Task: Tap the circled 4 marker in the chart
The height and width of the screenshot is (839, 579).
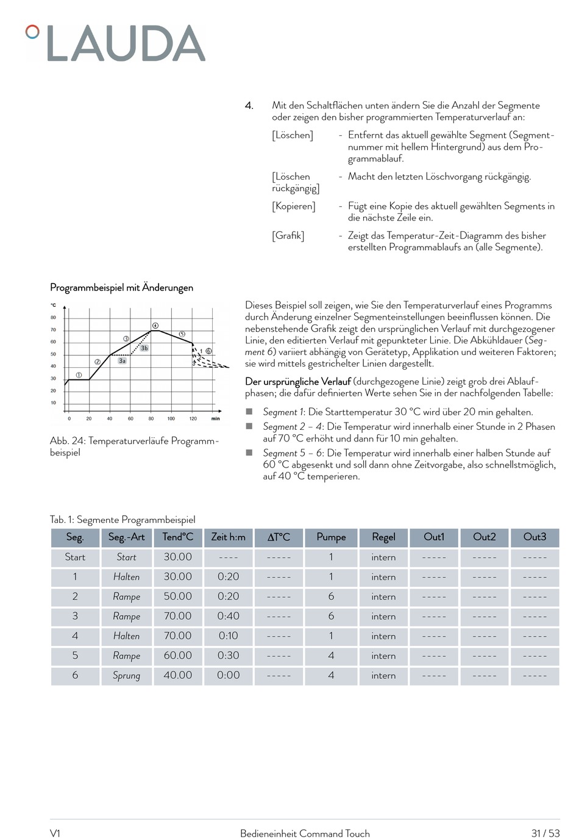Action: [x=155, y=326]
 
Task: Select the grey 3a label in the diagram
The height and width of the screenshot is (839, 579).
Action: [x=123, y=361]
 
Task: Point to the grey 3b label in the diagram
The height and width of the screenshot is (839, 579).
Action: [x=144, y=348]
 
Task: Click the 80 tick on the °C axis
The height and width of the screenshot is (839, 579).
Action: [x=53, y=318]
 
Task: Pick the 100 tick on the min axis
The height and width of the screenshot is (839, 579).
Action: [x=171, y=419]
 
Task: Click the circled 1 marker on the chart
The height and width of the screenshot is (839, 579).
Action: [x=79, y=375]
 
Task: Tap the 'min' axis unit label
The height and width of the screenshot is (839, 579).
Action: [x=216, y=419]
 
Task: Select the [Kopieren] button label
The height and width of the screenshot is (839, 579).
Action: [x=294, y=206]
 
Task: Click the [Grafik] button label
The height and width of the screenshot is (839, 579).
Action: [x=288, y=236]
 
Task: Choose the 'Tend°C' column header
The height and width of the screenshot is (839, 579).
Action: [x=177, y=537]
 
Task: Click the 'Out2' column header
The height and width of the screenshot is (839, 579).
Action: [x=485, y=537]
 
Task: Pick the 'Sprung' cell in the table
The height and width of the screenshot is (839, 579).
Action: [x=126, y=675]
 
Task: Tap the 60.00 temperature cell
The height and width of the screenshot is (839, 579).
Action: [x=177, y=656]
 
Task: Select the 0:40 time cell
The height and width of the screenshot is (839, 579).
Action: [x=228, y=616]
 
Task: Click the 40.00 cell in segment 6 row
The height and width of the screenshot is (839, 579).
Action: [x=177, y=675]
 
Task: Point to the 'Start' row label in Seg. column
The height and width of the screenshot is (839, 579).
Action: [x=75, y=557]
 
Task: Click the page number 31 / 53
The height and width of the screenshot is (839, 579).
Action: [x=545, y=834]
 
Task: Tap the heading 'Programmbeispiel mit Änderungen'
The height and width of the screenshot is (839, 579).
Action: [x=121, y=287]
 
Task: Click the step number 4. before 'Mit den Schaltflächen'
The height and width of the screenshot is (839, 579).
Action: [x=249, y=106]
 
